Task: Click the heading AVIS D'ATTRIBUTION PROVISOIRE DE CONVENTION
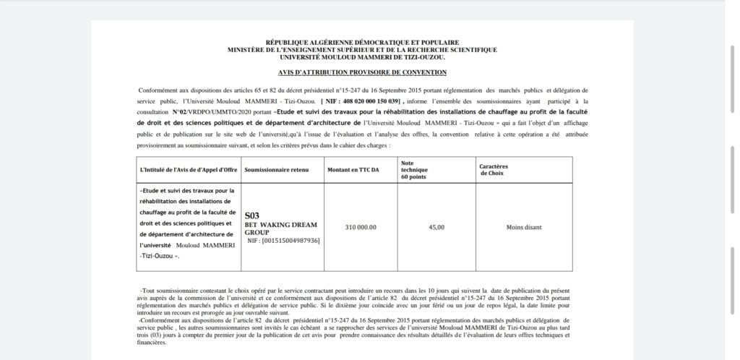pos(362,72)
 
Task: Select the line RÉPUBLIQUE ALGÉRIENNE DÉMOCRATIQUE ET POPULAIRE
pos(362,43)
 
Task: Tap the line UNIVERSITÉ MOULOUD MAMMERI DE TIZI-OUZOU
pos(362,56)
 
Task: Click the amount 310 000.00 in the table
pos(361,227)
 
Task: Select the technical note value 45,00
pos(436,227)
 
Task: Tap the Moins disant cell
pos(524,227)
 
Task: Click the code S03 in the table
pos(251,215)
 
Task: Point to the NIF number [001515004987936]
pos(283,240)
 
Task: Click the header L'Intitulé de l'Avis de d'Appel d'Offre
pos(187,169)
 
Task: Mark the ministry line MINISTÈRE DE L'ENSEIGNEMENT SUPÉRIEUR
pos(362,49)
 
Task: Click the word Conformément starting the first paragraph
pos(157,90)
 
